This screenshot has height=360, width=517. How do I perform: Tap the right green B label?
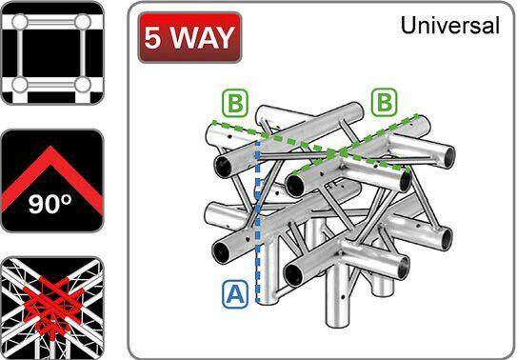pos(386,100)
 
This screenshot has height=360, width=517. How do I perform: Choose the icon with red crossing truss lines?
pos(50,305)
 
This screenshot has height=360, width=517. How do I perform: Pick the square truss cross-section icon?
pos(50,51)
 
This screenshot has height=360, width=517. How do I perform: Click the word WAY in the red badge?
pos(202,38)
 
